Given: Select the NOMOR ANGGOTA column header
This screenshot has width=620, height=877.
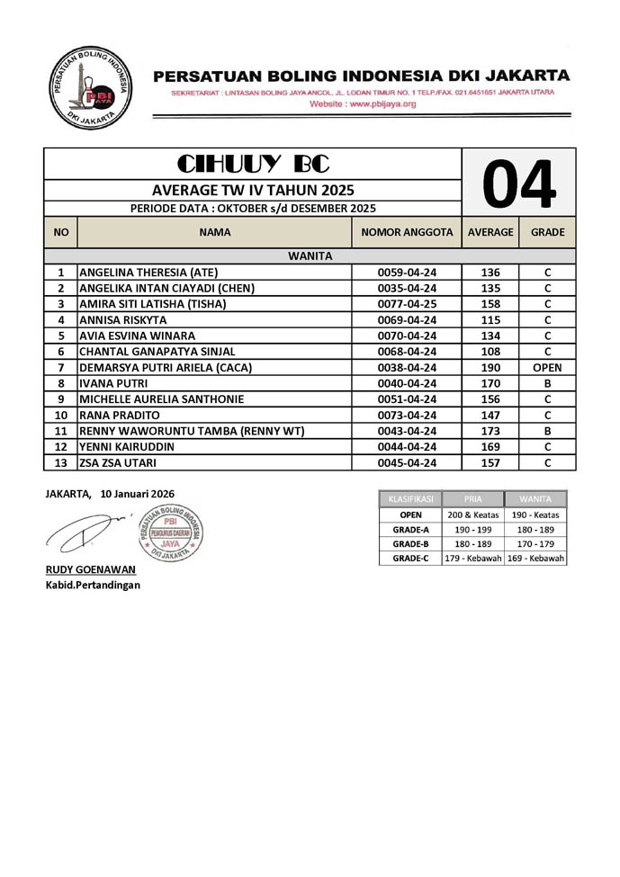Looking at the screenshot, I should click(x=407, y=232).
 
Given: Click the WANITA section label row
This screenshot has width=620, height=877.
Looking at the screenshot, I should click(x=310, y=256).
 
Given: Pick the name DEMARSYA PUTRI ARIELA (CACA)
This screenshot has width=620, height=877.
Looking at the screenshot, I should click(x=166, y=367).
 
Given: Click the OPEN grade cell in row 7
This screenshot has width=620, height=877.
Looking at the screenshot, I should click(x=547, y=367).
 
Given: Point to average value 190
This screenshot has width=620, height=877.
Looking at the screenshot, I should click(x=490, y=367).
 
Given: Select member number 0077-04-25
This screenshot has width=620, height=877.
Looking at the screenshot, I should click(x=407, y=304).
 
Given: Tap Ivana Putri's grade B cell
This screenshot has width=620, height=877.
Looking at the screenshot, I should click(x=547, y=383).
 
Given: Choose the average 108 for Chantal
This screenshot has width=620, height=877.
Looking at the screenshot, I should click(x=490, y=352).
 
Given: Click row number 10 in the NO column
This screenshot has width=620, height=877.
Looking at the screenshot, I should click(x=61, y=416).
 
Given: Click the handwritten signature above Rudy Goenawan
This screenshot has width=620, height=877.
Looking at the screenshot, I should click(x=85, y=532).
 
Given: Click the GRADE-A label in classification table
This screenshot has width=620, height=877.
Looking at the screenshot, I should click(x=410, y=531).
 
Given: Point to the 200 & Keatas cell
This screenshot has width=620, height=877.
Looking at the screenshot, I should click(x=472, y=515).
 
